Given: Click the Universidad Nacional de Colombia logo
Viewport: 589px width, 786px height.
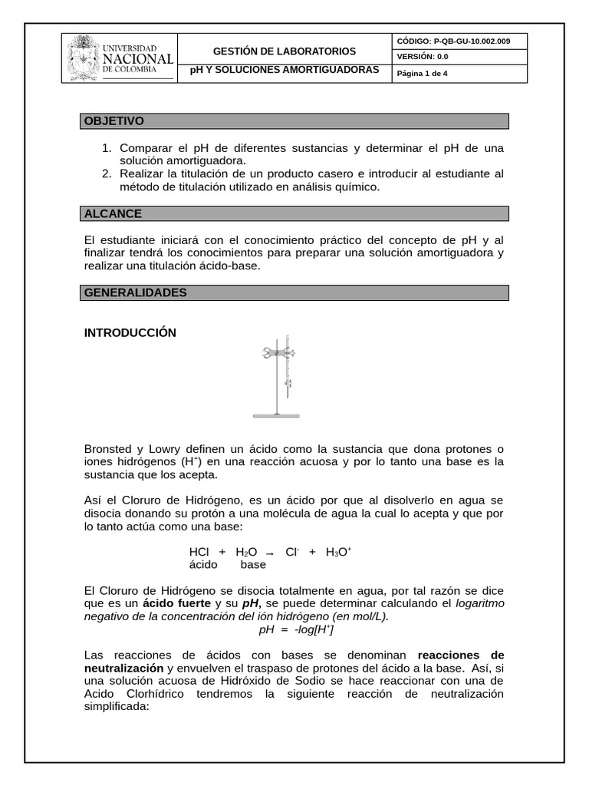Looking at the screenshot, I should [x=120, y=58].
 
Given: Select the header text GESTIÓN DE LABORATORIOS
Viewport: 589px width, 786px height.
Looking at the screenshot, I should [x=284, y=51].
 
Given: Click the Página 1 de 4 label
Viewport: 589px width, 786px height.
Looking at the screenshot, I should [x=422, y=74].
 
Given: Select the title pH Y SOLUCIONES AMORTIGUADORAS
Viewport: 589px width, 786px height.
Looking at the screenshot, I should [x=285, y=69].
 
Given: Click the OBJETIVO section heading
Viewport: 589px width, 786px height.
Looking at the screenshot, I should [x=114, y=121].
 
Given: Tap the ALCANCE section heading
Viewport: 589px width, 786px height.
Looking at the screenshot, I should [x=113, y=213].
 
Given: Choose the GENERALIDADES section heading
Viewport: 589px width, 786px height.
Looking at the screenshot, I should [x=135, y=292].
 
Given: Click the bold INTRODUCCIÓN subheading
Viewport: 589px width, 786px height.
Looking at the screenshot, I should [x=130, y=332].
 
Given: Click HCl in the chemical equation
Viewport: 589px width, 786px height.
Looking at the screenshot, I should [x=199, y=552].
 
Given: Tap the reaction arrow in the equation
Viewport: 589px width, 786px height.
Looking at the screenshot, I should [x=269, y=553].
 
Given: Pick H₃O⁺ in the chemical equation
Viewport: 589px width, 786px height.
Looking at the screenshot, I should [x=338, y=552].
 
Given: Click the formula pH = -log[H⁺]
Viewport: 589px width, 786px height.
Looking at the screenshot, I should [x=295, y=629].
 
